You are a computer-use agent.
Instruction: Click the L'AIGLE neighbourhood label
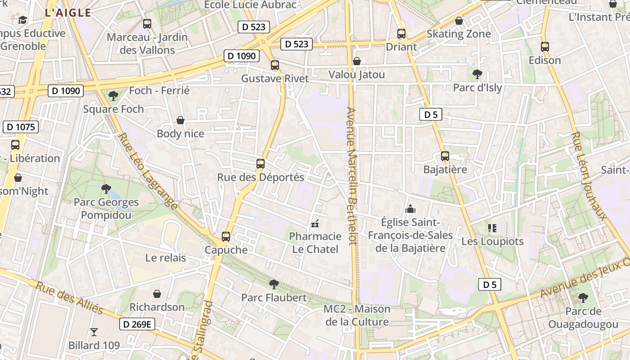pos(68,13)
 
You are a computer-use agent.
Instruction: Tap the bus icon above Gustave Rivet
pos(275,65)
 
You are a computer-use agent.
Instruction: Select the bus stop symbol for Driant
pos(401,34)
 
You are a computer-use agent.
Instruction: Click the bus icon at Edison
pos(544,46)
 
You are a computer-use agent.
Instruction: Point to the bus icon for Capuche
pos(226,237)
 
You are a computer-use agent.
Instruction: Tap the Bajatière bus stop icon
pos(445,156)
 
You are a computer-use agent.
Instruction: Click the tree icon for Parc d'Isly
pos(477,74)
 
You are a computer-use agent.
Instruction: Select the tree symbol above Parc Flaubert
pos(274,284)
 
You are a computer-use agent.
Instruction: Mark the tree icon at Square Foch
pos(113,95)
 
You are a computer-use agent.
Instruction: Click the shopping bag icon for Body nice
pos(180,120)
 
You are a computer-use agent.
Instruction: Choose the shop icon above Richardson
pos(157,294)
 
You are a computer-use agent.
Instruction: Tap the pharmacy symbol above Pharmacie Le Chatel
pos(315,223)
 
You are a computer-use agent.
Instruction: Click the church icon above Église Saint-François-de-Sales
pos(410,209)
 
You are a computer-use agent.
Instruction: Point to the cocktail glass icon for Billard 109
pos(94,332)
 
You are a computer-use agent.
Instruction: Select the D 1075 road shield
pos(21,127)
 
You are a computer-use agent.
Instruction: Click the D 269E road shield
pos(137,324)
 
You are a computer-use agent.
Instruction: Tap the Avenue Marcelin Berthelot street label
pos(351,175)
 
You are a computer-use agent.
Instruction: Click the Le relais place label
pos(166,258)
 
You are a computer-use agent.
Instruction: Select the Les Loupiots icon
pos(492,228)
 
